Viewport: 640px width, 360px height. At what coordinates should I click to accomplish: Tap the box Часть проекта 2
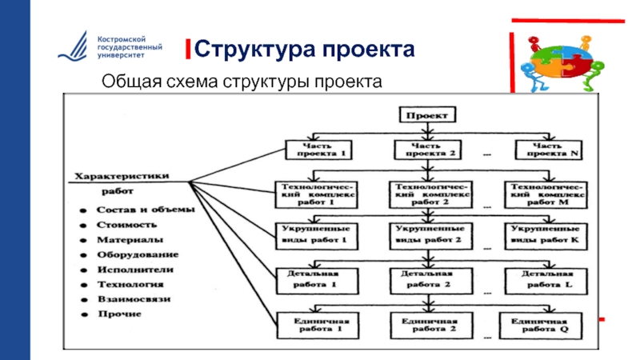427,150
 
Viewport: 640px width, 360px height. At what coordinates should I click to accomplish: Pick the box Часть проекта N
546,150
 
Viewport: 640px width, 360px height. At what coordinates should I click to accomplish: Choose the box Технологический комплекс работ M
546,194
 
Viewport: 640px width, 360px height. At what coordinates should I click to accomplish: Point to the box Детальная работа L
546,278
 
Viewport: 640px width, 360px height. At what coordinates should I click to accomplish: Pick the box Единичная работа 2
427,322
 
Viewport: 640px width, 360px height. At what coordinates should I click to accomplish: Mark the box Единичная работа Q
546,322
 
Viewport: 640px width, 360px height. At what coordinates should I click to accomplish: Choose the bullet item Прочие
120,314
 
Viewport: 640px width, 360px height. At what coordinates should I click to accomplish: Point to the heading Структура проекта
304,50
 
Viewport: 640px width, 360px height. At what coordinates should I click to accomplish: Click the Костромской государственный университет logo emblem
74,49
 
